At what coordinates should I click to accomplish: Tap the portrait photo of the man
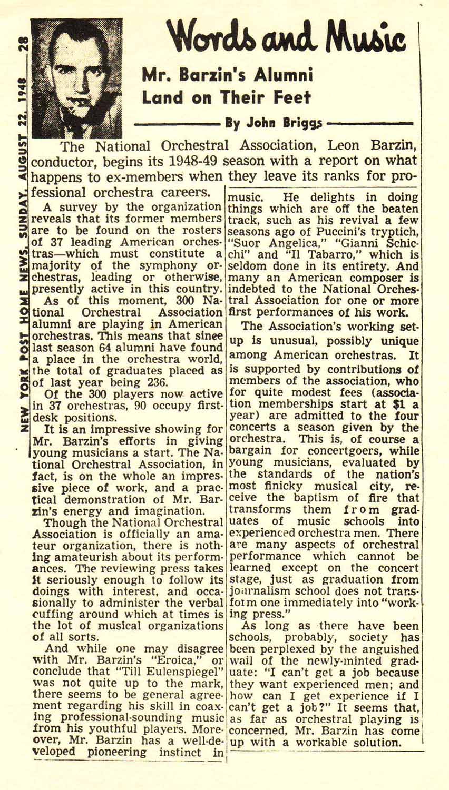pos(76,77)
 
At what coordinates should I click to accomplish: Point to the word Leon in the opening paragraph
pos(344,146)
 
